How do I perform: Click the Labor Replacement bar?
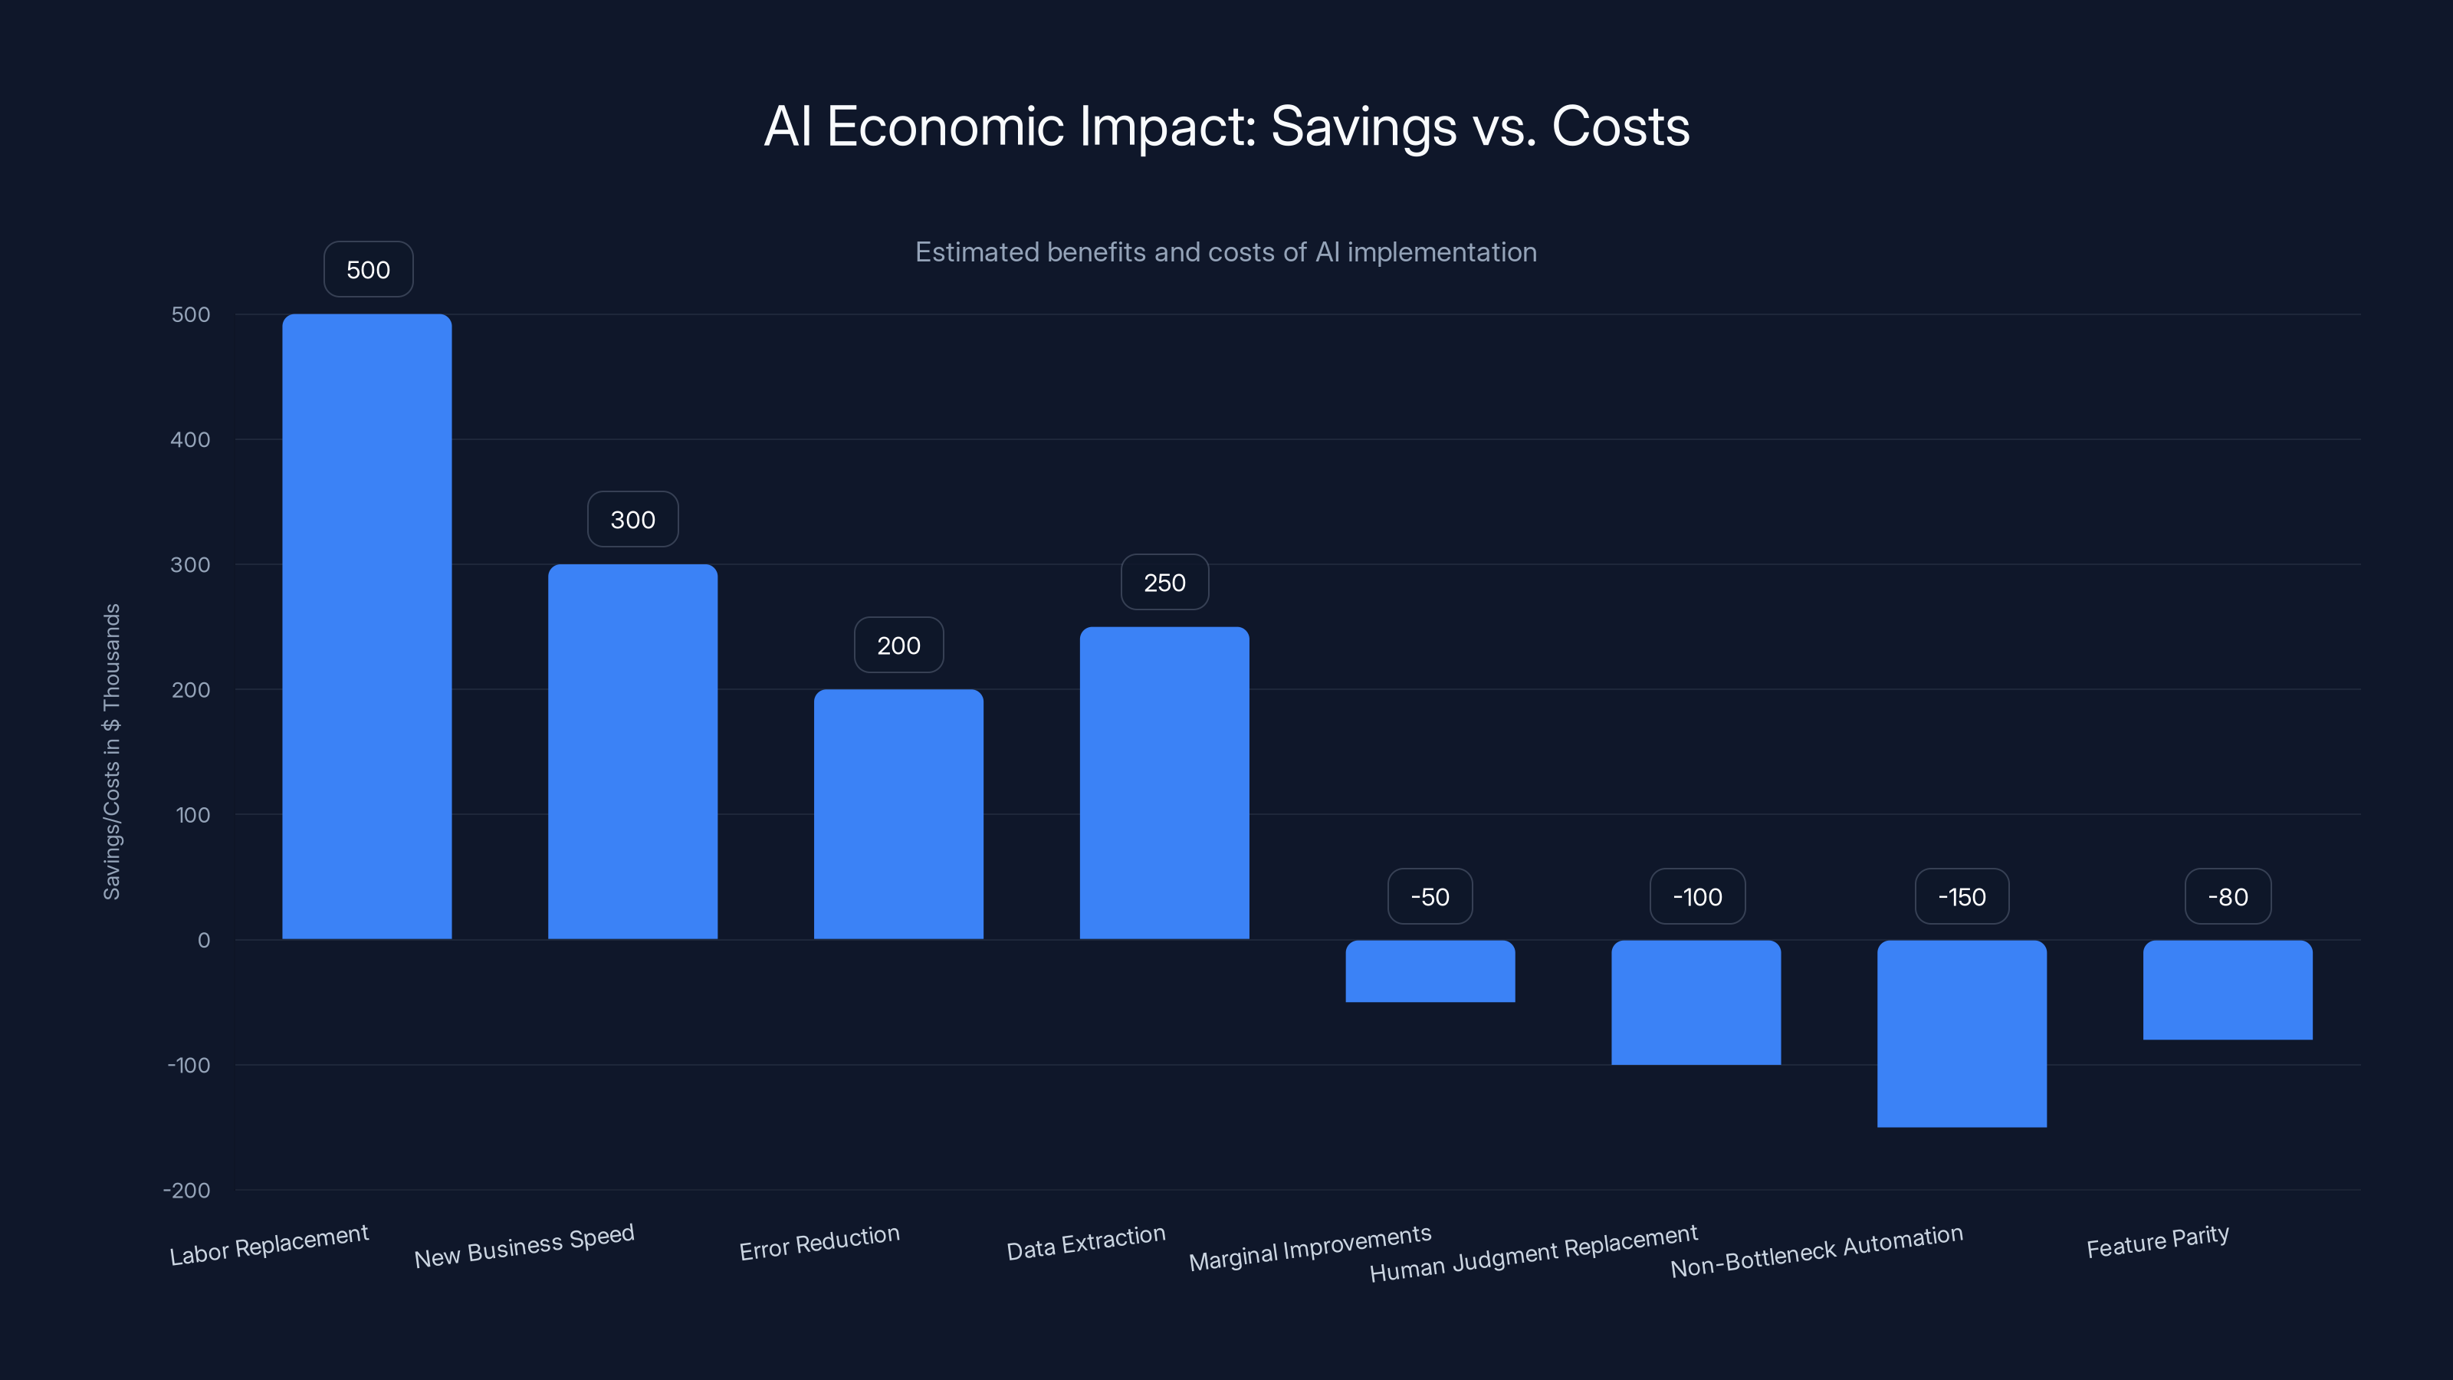pyautogui.click(x=366, y=626)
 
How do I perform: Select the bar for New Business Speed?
pyautogui.click(x=632, y=751)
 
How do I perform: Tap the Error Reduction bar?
pyautogui.click(x=898, y=814)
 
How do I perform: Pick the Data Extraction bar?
pyautogui.click(x=1164, y=783)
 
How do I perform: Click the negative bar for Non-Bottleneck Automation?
pyautogui.click(x=1962, y=1033)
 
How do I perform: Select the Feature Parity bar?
pyautogui.click(x=2228, y=990)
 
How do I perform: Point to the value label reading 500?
pyautogui.click(x=368, y=270)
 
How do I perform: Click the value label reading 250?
pyautogui.click(x=1164, y=583)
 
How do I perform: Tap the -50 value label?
pyautogui.click(x=1430, y=897)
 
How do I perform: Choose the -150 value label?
pyautogui.click(x=1962, y=897)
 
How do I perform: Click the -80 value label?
pyautogui.click(x=2228, y=897)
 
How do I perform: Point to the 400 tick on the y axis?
pyautogui.click(x=190, y=440)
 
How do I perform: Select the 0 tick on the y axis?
pyautogui.click(x=204, y=941)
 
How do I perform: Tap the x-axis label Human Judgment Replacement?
pyautogui.click(x=1533, y=1253)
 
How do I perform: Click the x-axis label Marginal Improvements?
pyautogui.click(x=1309, y=1247)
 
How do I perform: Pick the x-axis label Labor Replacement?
pyautogui.click(x=268, y=1245)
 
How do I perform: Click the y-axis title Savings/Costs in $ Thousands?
pyautogui.click(x=111, y=751)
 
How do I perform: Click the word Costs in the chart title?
pyautogui.click(x=1620, y=127)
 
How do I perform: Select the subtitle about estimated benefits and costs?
pyautogui.click(x=1226, y=252)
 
